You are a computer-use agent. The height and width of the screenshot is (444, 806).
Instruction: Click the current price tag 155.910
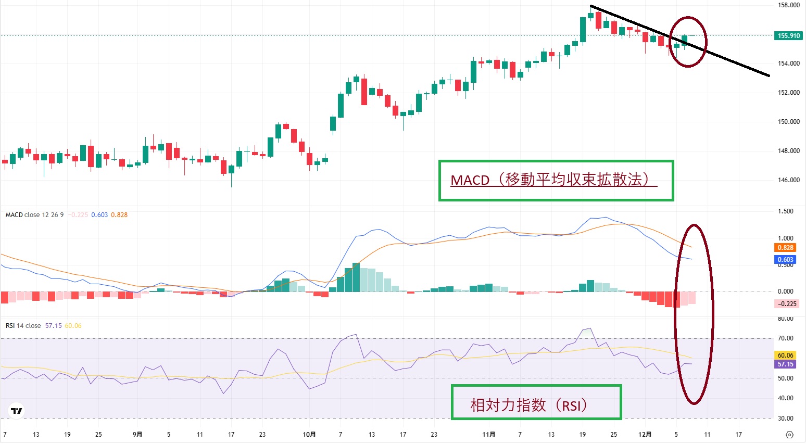pos(788,36)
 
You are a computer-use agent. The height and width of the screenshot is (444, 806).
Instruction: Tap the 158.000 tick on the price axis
pos(788,5)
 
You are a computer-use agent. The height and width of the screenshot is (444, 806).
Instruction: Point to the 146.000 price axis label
pos(788,180)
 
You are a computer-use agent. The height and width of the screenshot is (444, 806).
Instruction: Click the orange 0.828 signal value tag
pos(785,248)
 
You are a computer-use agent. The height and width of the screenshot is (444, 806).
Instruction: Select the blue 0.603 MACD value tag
pos(785,260)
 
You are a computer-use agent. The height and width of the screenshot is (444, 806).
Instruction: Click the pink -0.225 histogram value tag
pos(787,304)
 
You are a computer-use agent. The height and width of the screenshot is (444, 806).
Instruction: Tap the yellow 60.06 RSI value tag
pos(785,356)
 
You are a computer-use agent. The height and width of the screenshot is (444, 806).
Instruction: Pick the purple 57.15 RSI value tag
pos(785,364)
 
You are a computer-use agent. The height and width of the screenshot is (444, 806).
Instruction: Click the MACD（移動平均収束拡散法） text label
pos(553,180)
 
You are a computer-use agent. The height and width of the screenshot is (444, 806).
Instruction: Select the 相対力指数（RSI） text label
pos(529,405)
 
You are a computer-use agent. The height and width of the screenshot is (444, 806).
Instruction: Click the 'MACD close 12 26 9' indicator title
pos(34,215)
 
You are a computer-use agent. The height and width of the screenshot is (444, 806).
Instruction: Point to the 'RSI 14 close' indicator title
pos(23,326)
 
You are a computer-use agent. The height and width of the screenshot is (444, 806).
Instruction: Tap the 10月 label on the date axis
pos(309,435)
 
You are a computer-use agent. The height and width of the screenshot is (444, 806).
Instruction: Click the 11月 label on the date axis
pos(489,435)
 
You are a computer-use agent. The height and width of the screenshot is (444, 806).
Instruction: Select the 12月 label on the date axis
pos(645,435)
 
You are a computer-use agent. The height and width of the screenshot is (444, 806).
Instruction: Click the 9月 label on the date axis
pos(137,435)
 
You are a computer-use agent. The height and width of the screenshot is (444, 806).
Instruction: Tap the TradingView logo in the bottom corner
pos(17,411)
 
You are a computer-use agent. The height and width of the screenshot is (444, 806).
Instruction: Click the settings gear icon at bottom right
pos(789,435)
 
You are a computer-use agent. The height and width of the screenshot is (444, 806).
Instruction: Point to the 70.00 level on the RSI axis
pos(785,338)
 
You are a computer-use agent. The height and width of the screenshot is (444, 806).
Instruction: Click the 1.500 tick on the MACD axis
pos(785,211)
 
